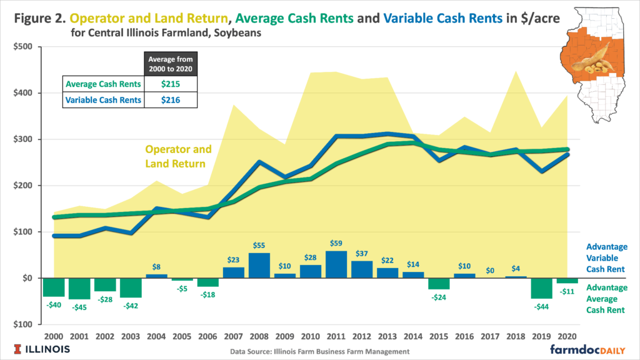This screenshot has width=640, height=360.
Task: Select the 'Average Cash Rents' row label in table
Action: (103, 83)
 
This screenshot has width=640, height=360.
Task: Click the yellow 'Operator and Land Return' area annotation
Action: (178, 156)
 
